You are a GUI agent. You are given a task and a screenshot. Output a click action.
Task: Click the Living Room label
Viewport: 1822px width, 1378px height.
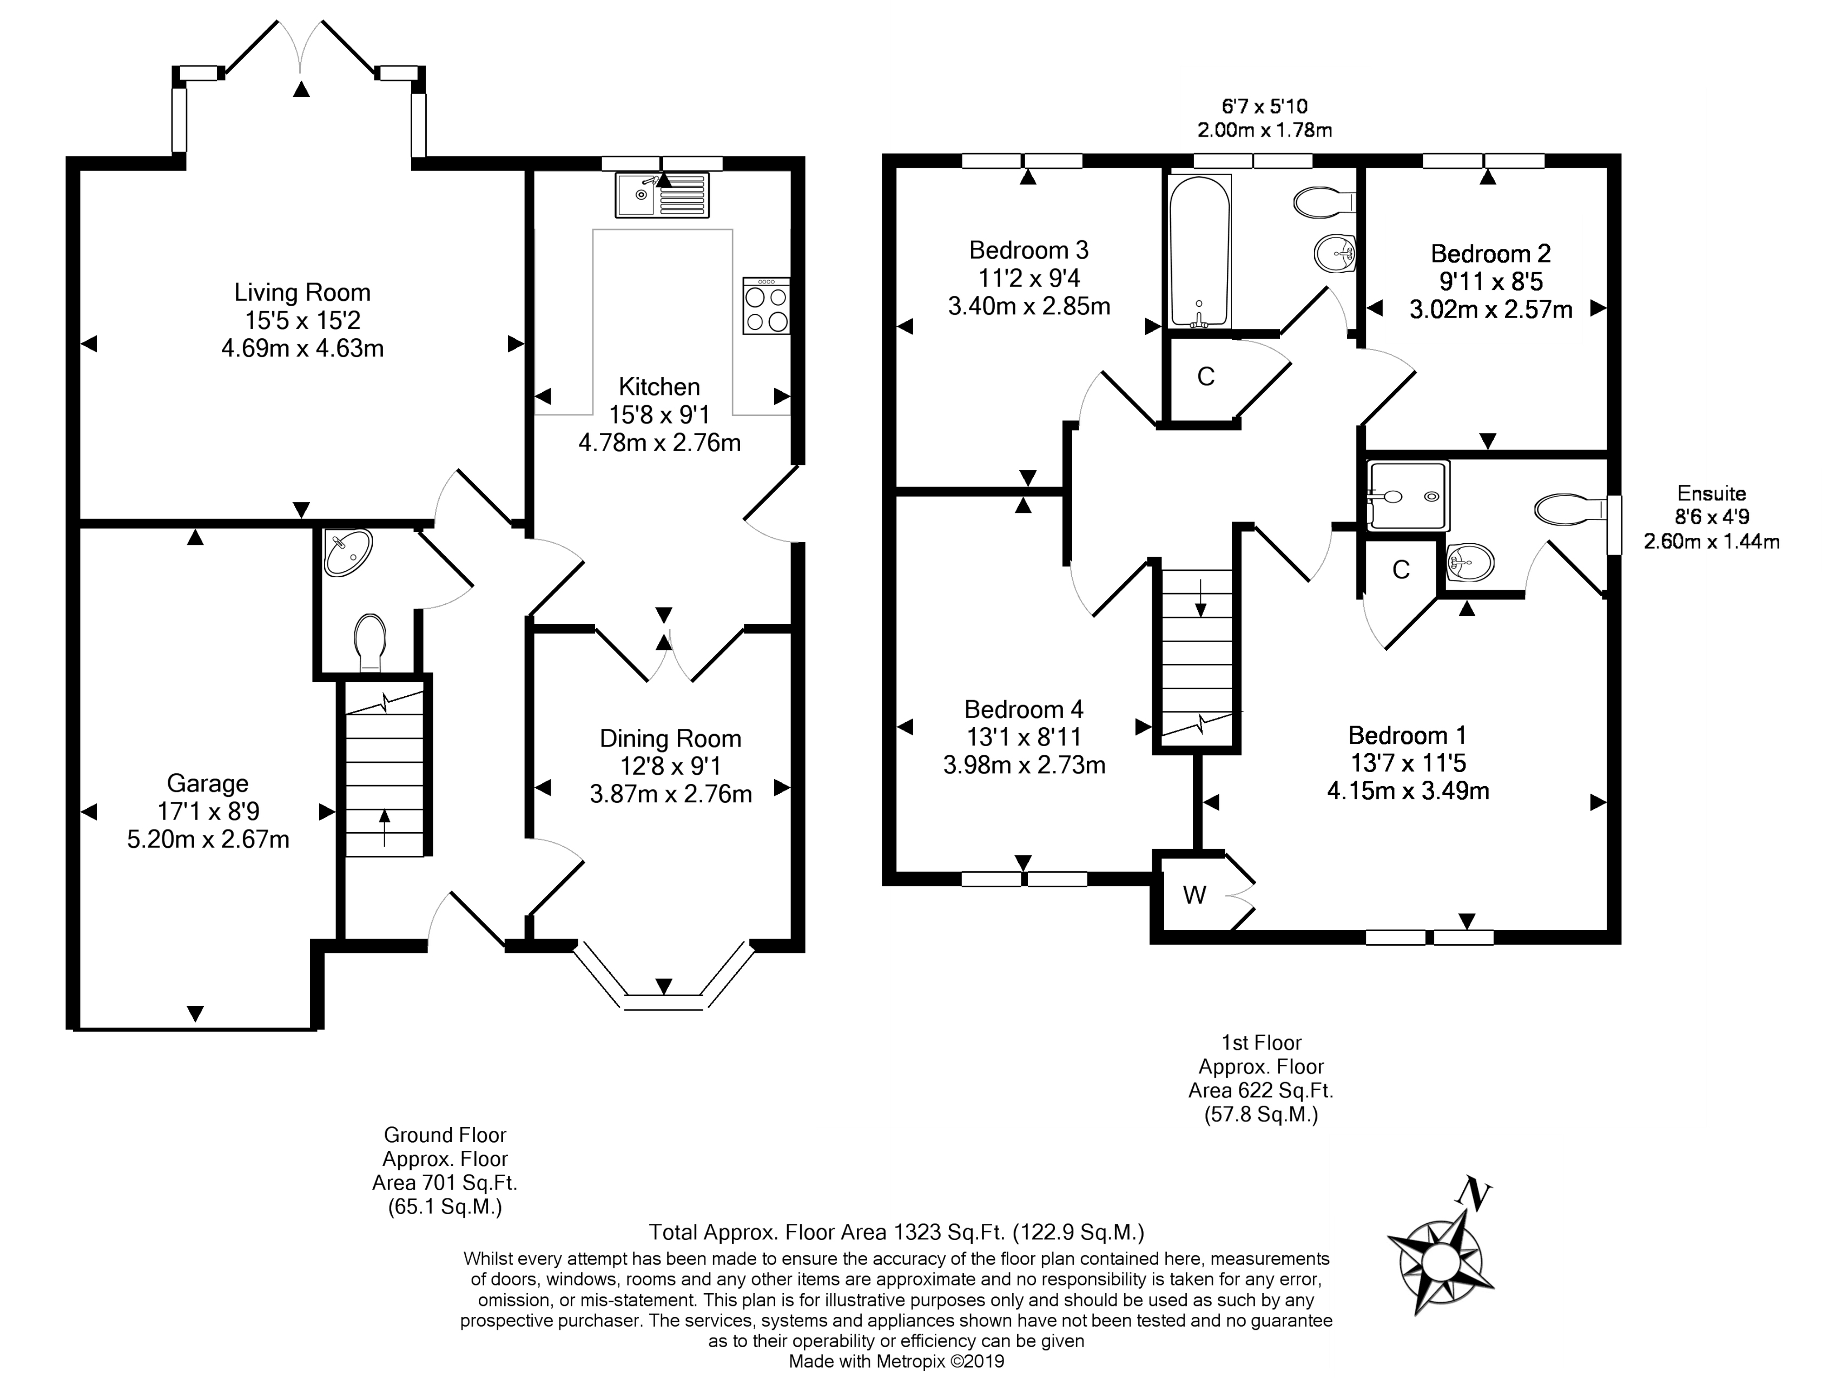[302, 292]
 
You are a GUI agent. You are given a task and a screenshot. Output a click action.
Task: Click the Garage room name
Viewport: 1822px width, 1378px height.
[208, 783]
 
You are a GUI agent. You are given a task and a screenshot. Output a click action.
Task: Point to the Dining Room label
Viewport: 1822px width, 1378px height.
[670, 739]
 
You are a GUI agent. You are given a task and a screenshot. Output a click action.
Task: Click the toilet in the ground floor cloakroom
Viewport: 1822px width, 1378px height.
[370, 641]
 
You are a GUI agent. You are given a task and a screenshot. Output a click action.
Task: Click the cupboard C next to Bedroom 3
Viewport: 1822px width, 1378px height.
[1206, 377]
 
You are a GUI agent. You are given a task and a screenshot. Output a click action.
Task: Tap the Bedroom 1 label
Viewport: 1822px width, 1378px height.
[1407, 735]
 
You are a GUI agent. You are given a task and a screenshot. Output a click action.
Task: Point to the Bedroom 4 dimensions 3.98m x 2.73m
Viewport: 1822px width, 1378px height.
[1024, 765]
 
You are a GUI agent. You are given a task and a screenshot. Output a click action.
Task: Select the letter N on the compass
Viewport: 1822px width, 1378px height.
[1474, 1194]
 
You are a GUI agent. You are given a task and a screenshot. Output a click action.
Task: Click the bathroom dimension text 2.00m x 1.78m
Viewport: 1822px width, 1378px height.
[1264, 130]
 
